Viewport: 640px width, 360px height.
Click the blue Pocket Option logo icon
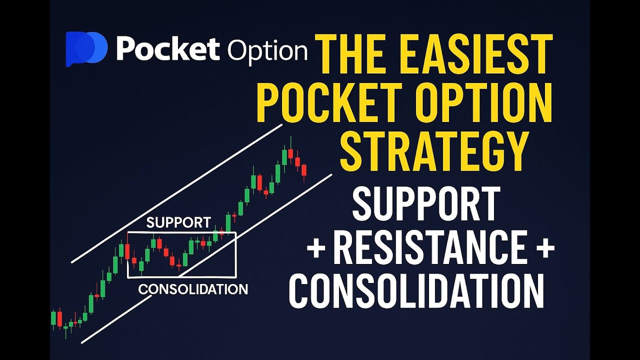pos(86,49)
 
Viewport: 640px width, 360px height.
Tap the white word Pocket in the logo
pos(168,49)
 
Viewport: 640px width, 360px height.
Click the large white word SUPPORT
pos(426,203)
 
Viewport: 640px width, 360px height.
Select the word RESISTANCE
pos(430,248)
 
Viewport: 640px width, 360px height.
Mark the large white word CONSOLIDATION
pos(416,291)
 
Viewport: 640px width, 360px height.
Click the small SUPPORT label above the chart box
pos(178,223)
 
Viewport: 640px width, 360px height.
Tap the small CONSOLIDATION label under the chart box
pos(193,289)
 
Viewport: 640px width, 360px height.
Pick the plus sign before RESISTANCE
pos(316,249)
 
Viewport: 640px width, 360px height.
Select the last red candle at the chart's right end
pos(303,169)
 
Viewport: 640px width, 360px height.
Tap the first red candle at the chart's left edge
pos(59,318)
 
